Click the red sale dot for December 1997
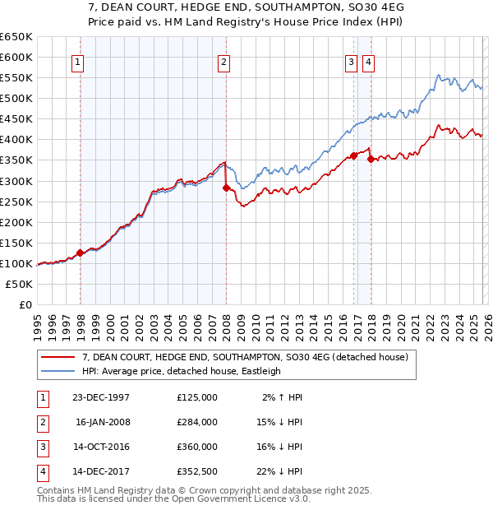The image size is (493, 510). click(81, 253)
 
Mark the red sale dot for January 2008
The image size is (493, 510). click(226, 188)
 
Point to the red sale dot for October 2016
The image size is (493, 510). click(353, 155)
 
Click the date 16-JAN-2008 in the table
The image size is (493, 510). click(102, 421)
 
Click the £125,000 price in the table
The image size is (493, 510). click(197, 396)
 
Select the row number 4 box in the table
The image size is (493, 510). click(40, 471)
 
